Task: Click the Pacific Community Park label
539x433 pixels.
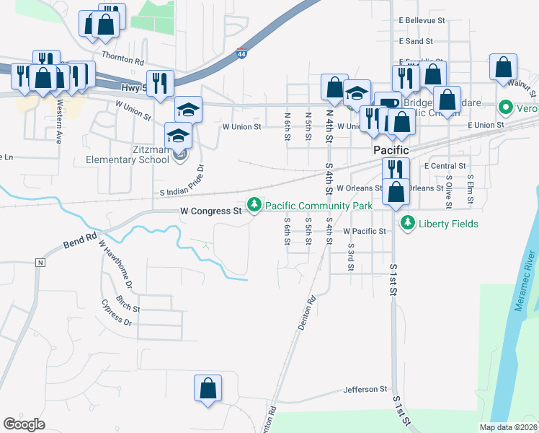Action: [319, 206]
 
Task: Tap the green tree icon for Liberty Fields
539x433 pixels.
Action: [408, 223]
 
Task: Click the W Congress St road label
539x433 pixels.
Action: [210, 211]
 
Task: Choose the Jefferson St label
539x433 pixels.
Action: [365, 389]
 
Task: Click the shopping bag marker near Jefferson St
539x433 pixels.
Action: [208, 388]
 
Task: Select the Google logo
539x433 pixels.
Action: [24, 424]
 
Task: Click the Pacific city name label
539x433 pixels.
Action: [391, 150]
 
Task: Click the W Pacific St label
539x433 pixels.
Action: [365, 231]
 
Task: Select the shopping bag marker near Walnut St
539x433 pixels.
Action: [503, 68]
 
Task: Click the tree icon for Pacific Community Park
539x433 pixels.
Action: [254, 206]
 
